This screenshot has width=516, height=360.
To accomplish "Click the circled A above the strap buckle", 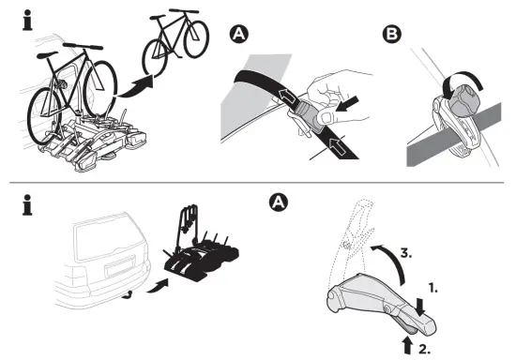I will (x=239, y=37).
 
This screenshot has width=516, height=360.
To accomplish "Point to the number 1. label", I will (x=433, y=279).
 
